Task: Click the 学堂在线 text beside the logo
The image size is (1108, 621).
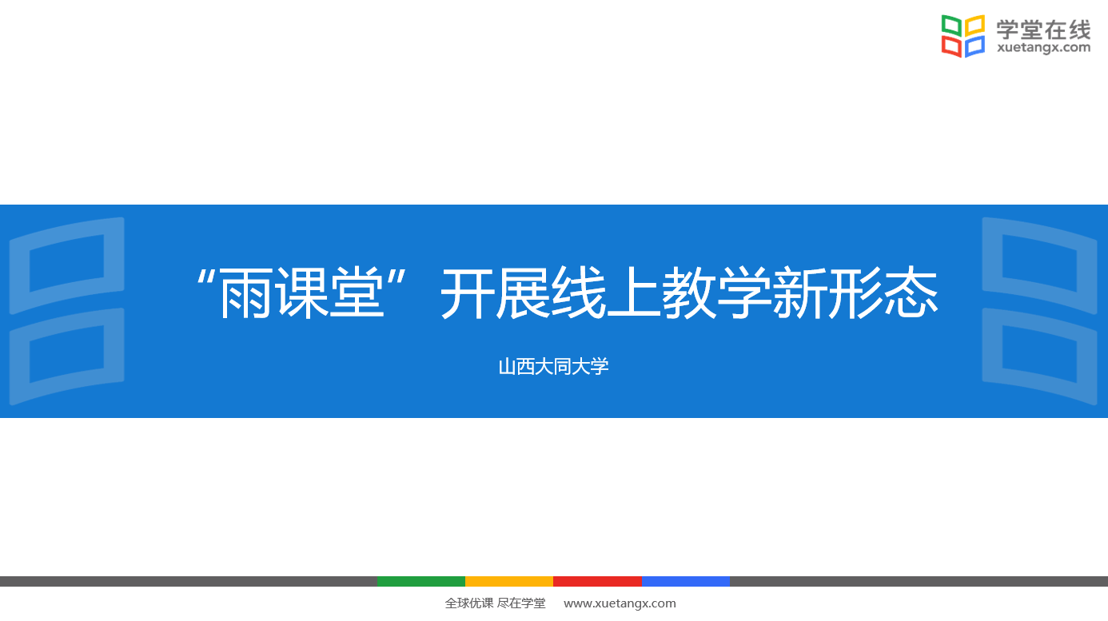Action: coord(1043,30)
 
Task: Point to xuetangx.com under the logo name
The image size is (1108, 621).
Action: coord(1043,48)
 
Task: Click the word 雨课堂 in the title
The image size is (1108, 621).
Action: coord(301,293)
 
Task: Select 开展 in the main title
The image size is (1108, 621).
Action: coord(496,293)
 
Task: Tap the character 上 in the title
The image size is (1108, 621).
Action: coord(634,293)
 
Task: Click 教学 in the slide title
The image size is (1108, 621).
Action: coord(717,293)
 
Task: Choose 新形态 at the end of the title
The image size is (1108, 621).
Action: coord(855,293)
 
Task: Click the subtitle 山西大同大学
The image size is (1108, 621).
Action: coord(553,367)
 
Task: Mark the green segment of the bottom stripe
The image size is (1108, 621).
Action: coord(421,582)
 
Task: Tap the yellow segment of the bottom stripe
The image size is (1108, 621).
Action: coord(509,582)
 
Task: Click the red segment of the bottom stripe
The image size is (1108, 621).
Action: coord(597,582)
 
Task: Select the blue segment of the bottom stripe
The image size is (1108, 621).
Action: coord(686,582)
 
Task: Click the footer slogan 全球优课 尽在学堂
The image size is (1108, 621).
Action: coord(495,603)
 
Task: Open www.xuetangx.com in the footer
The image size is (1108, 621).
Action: coord(620,603)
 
